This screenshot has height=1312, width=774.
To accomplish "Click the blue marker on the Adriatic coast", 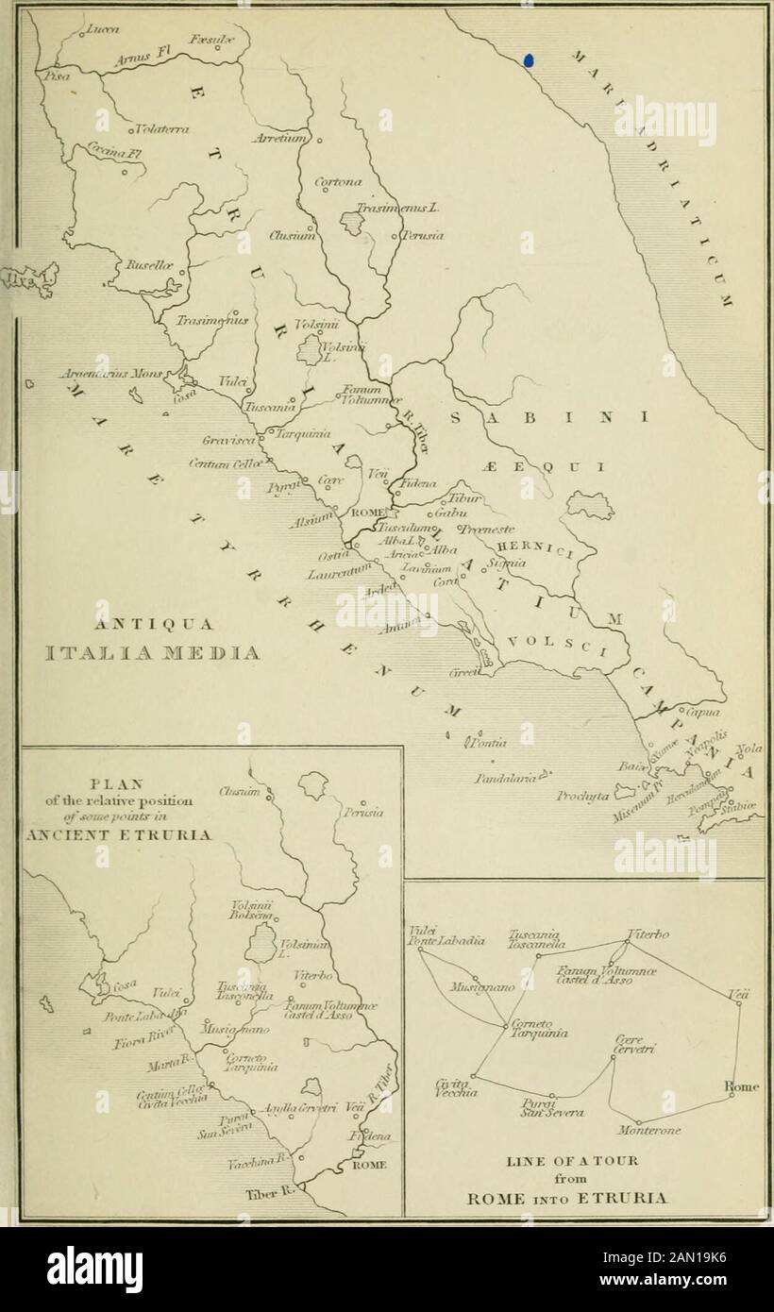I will click(x=529, y=59).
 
